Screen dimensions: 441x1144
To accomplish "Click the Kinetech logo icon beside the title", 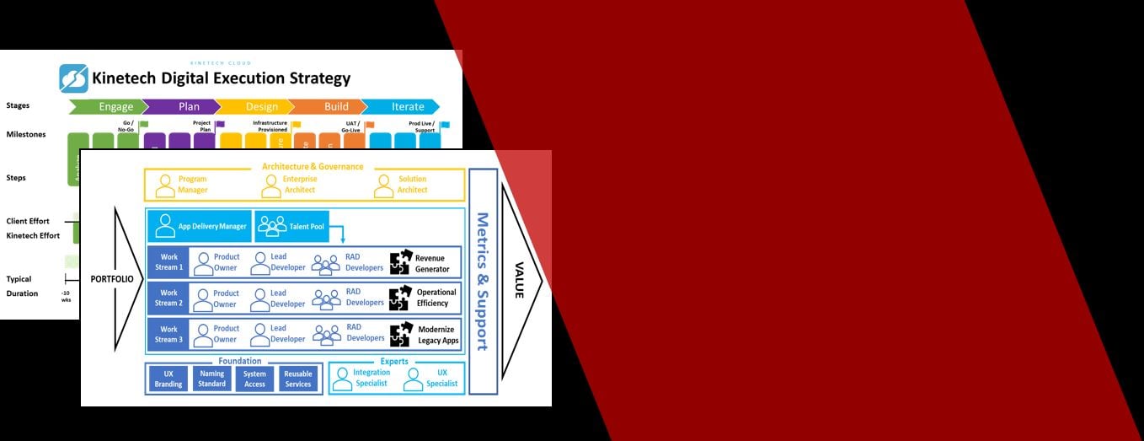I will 73,78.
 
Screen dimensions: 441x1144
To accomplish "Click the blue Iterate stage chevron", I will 402,106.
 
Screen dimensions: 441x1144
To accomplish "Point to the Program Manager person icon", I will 164,186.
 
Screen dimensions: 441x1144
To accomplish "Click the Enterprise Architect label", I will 301,185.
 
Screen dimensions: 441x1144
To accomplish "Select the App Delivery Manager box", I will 200,226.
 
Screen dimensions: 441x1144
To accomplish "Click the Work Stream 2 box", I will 168,298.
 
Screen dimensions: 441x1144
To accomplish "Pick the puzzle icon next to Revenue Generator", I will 400,262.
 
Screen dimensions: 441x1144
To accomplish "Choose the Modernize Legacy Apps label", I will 436,334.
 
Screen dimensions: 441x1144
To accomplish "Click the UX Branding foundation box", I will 168,379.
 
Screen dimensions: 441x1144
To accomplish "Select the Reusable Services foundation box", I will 297,379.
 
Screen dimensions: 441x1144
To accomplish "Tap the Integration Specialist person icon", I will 341,379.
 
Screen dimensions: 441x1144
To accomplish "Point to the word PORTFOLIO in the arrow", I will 112,279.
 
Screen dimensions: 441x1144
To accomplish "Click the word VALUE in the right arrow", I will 519,279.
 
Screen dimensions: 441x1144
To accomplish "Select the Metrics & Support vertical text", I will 483,281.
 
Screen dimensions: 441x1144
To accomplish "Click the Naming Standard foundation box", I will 211,379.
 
